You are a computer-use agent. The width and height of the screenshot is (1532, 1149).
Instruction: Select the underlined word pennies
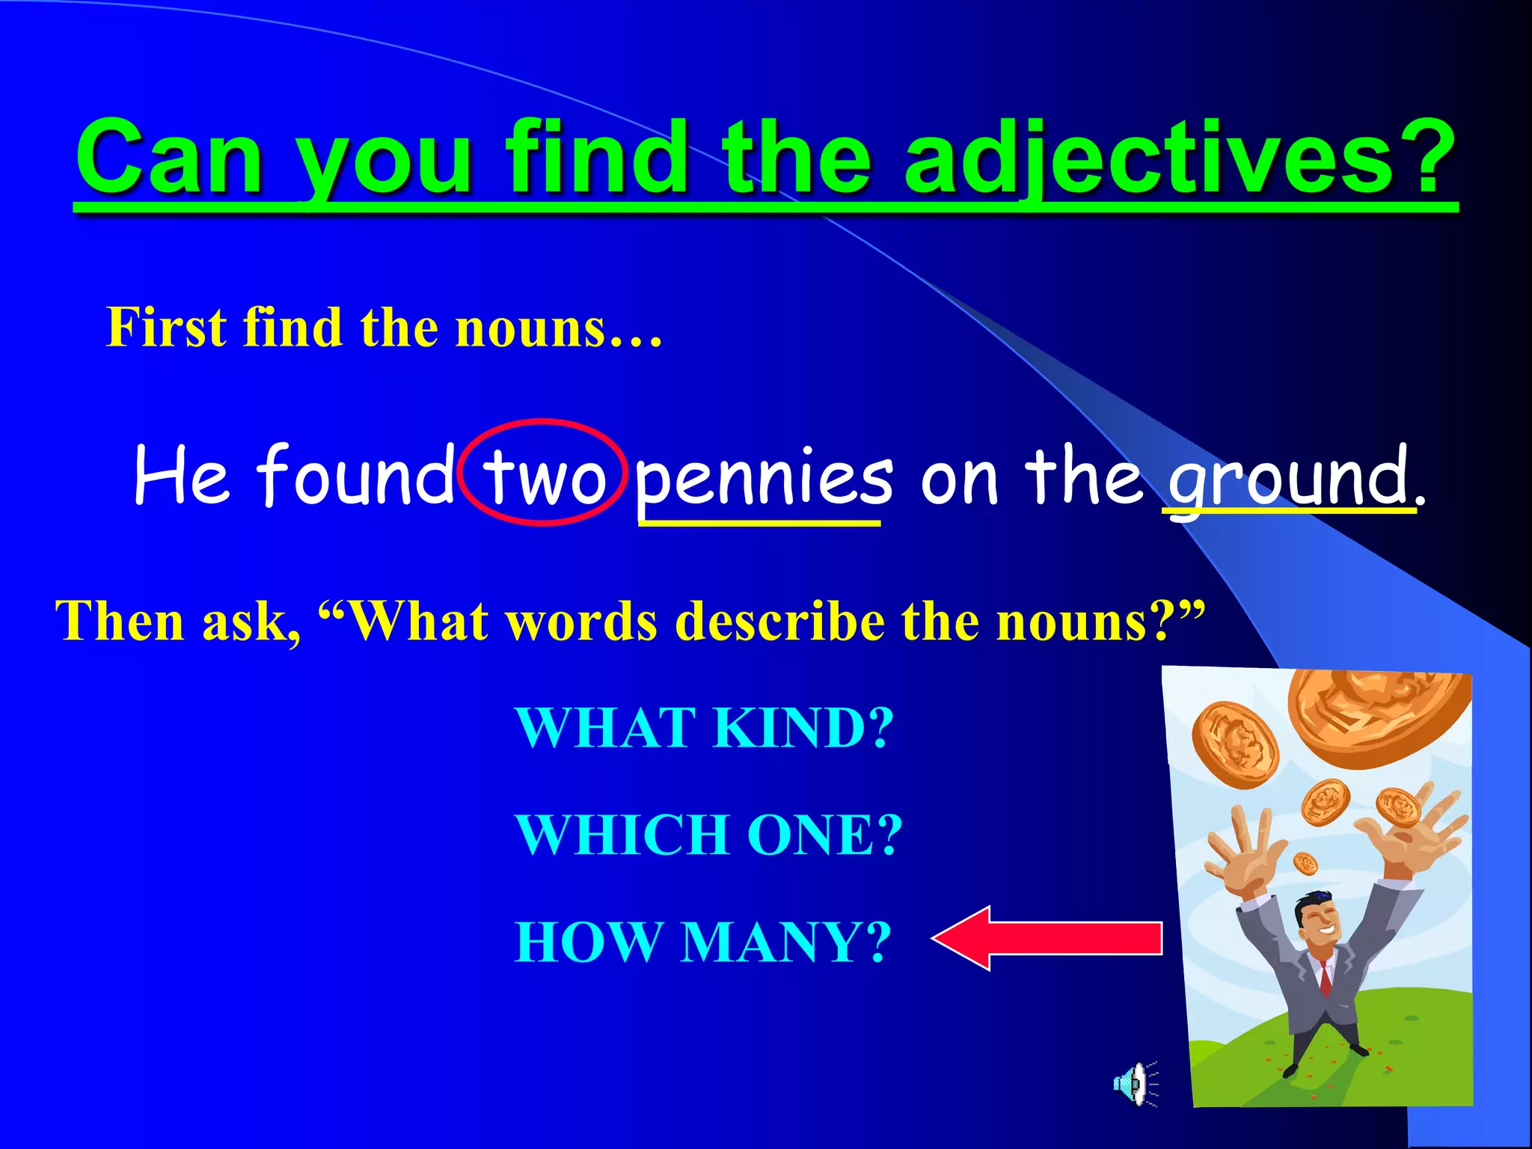[763, 476]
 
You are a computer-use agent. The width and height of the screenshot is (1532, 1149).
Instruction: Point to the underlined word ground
[1288, 476]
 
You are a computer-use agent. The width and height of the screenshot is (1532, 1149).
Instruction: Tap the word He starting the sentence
[181, 474]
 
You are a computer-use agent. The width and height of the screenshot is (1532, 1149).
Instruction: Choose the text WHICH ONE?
[709, 835]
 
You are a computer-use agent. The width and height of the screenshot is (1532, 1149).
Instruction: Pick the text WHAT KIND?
[705, 727]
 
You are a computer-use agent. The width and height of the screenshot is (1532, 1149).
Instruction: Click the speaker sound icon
[1134, 1083]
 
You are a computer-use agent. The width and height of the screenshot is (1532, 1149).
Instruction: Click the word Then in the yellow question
[120, 621]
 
